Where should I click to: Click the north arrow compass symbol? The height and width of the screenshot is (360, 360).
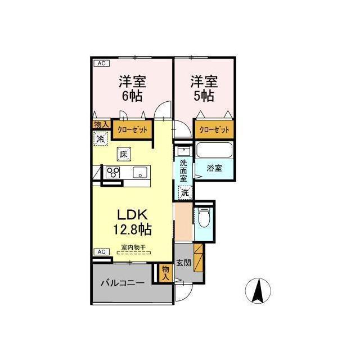point(258,291)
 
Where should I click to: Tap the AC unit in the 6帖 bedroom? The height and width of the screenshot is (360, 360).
point(101,64)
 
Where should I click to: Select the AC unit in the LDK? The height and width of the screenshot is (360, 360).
point(101,252)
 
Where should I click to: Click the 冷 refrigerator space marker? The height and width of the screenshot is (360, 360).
point(101,138)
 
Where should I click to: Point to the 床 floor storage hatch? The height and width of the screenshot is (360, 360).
point(124,154)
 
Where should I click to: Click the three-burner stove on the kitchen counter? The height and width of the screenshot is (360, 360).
point(112,172)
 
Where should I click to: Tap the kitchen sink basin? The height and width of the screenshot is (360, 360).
point(140,173)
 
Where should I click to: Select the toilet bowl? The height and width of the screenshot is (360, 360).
point(203,218)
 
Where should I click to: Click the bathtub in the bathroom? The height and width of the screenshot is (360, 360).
point(214,150)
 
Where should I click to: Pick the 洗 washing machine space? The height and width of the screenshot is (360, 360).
point(185,192)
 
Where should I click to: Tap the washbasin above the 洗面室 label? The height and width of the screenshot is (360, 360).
point(184,151)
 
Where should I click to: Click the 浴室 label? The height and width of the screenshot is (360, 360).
point(214,168)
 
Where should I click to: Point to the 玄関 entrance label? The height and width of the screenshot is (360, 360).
point(183,263)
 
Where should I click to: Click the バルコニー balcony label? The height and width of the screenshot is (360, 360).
point(123,282)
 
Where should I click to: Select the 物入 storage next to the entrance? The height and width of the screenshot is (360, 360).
point(165,273)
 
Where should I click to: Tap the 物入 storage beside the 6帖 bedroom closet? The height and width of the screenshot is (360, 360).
point(101,125)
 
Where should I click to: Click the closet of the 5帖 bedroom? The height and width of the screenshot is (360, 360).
point(214,129)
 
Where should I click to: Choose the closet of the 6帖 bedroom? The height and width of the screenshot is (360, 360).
point(133,130)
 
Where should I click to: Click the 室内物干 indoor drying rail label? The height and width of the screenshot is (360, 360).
point(133,247)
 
